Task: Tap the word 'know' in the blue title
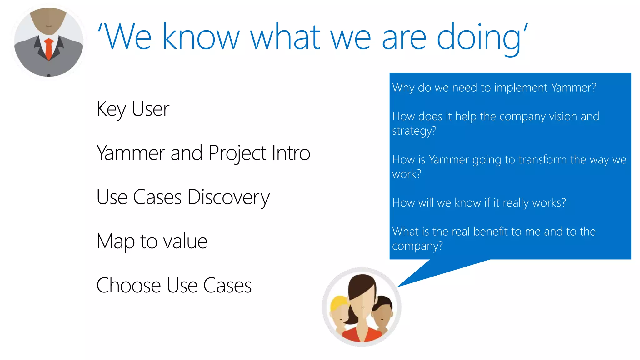(201, 37)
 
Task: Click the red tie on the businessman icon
(48, 49)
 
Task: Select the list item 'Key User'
(133, 109)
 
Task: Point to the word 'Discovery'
(228, 197)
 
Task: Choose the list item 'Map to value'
(152, 242)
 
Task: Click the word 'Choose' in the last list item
(128, 285)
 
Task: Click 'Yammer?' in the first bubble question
(573, 87)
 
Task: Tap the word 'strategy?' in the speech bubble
(414, 131)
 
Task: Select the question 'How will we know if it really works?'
(479, 203)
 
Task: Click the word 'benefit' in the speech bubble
(491, 232)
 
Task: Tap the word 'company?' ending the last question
(417, 246)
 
